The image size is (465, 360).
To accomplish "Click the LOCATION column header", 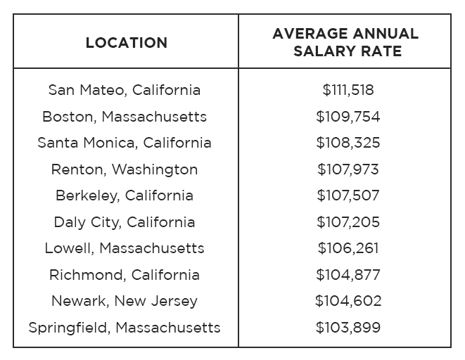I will pos(127,43).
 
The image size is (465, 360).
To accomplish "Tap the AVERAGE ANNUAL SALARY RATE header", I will pos(345,42).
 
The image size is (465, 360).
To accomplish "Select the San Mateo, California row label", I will pos(125,90).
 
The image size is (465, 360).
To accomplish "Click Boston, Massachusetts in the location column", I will pos(125,117).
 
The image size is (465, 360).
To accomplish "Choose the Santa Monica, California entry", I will pos(125,143).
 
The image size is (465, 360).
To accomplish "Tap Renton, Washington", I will pos(125,169).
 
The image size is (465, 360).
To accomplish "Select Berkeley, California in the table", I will pos(125,195).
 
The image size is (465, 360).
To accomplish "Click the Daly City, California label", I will pos(125,222).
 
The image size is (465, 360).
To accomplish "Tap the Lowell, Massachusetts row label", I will pos(125,248).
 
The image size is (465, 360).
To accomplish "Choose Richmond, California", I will pos(125,275).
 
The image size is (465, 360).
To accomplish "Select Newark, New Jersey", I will pos(125,301).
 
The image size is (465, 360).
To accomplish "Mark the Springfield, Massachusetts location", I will pos(125,328).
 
